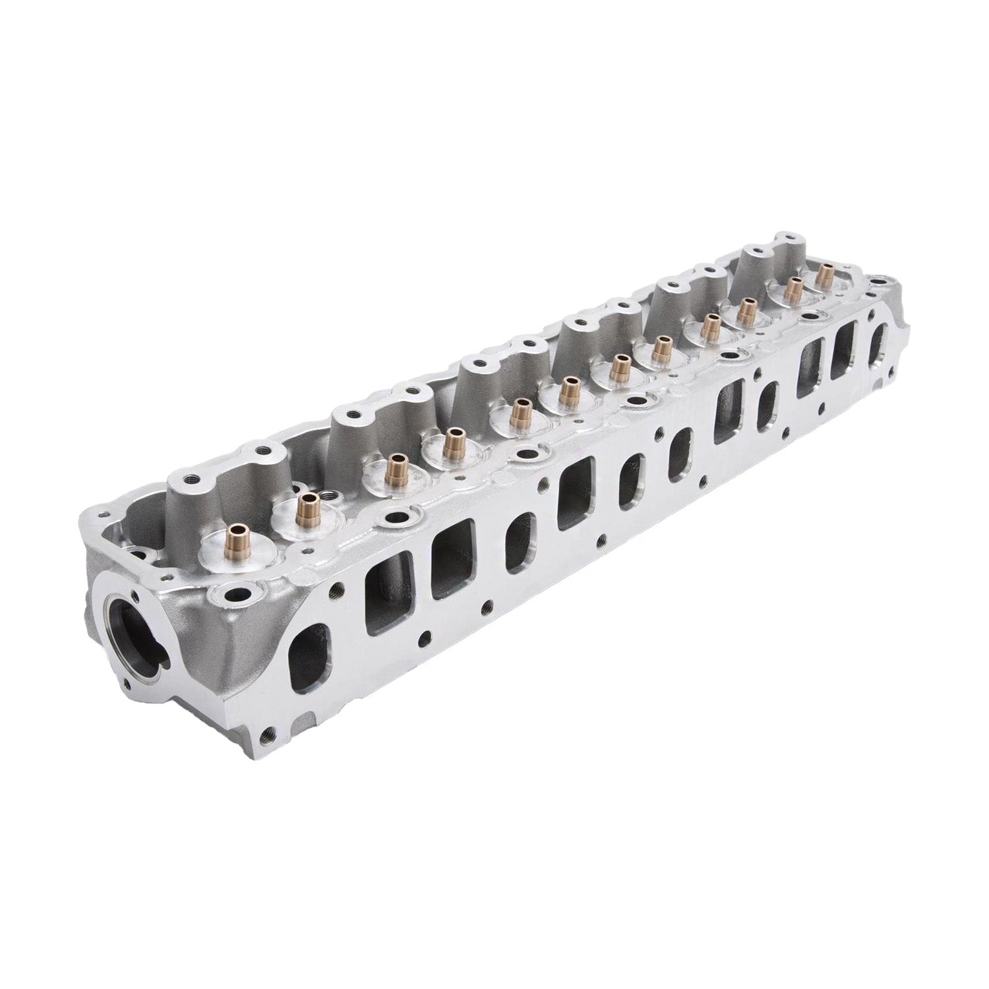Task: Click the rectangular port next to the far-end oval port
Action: [x=845, y=352]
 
